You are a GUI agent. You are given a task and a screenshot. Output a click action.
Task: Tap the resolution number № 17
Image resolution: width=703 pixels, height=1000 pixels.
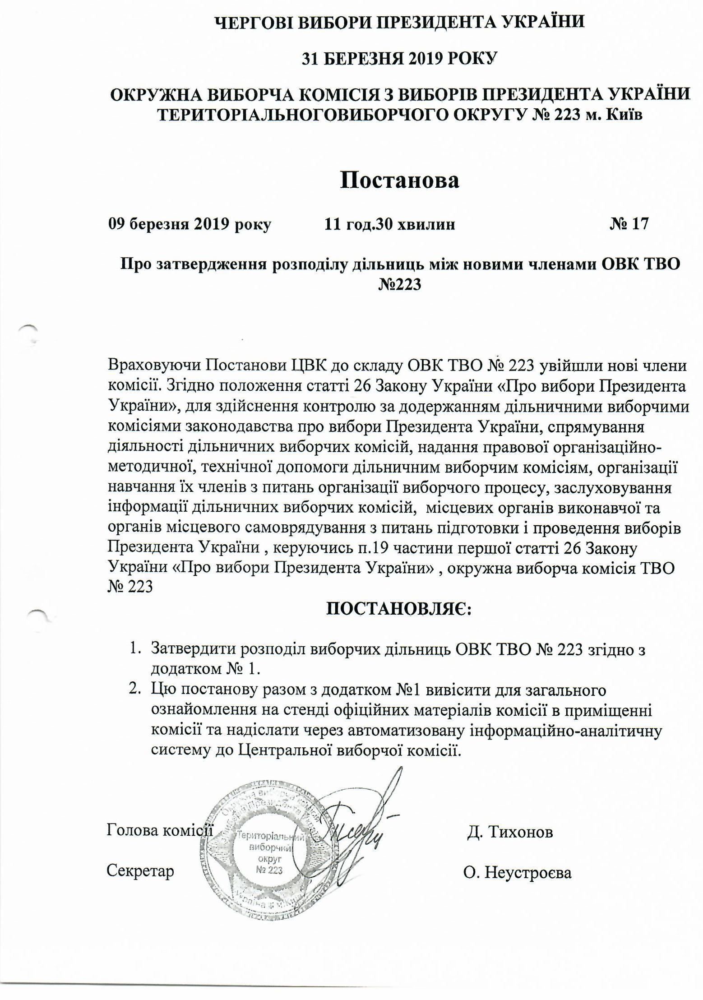[629, 224]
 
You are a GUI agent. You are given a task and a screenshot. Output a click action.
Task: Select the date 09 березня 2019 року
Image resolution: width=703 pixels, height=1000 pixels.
[190, 224]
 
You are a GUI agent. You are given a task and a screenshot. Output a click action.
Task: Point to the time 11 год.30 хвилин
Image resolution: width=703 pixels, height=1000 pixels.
[390, 224]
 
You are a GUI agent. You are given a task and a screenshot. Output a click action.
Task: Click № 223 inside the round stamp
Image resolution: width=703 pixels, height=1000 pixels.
[269, 870]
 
